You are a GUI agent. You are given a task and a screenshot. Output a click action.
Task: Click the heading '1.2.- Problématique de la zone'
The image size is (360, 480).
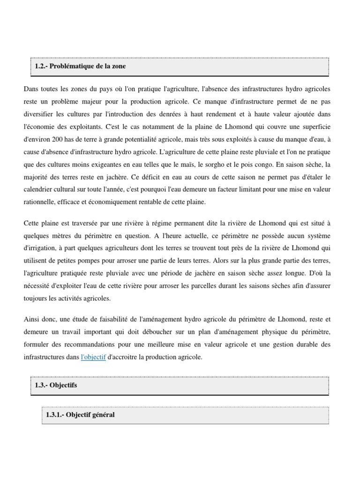click(x=80, y=66)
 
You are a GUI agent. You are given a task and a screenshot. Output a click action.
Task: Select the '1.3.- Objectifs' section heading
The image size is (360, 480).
click(x=56, y=385)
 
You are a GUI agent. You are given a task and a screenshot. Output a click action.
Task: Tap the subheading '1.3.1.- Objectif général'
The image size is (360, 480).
click(x=80, y=415)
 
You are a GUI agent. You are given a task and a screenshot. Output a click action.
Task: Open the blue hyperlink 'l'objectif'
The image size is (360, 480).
click(x=93, y=357)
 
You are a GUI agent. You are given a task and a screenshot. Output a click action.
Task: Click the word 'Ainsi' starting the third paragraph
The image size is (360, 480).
click(x=32, y=319)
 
